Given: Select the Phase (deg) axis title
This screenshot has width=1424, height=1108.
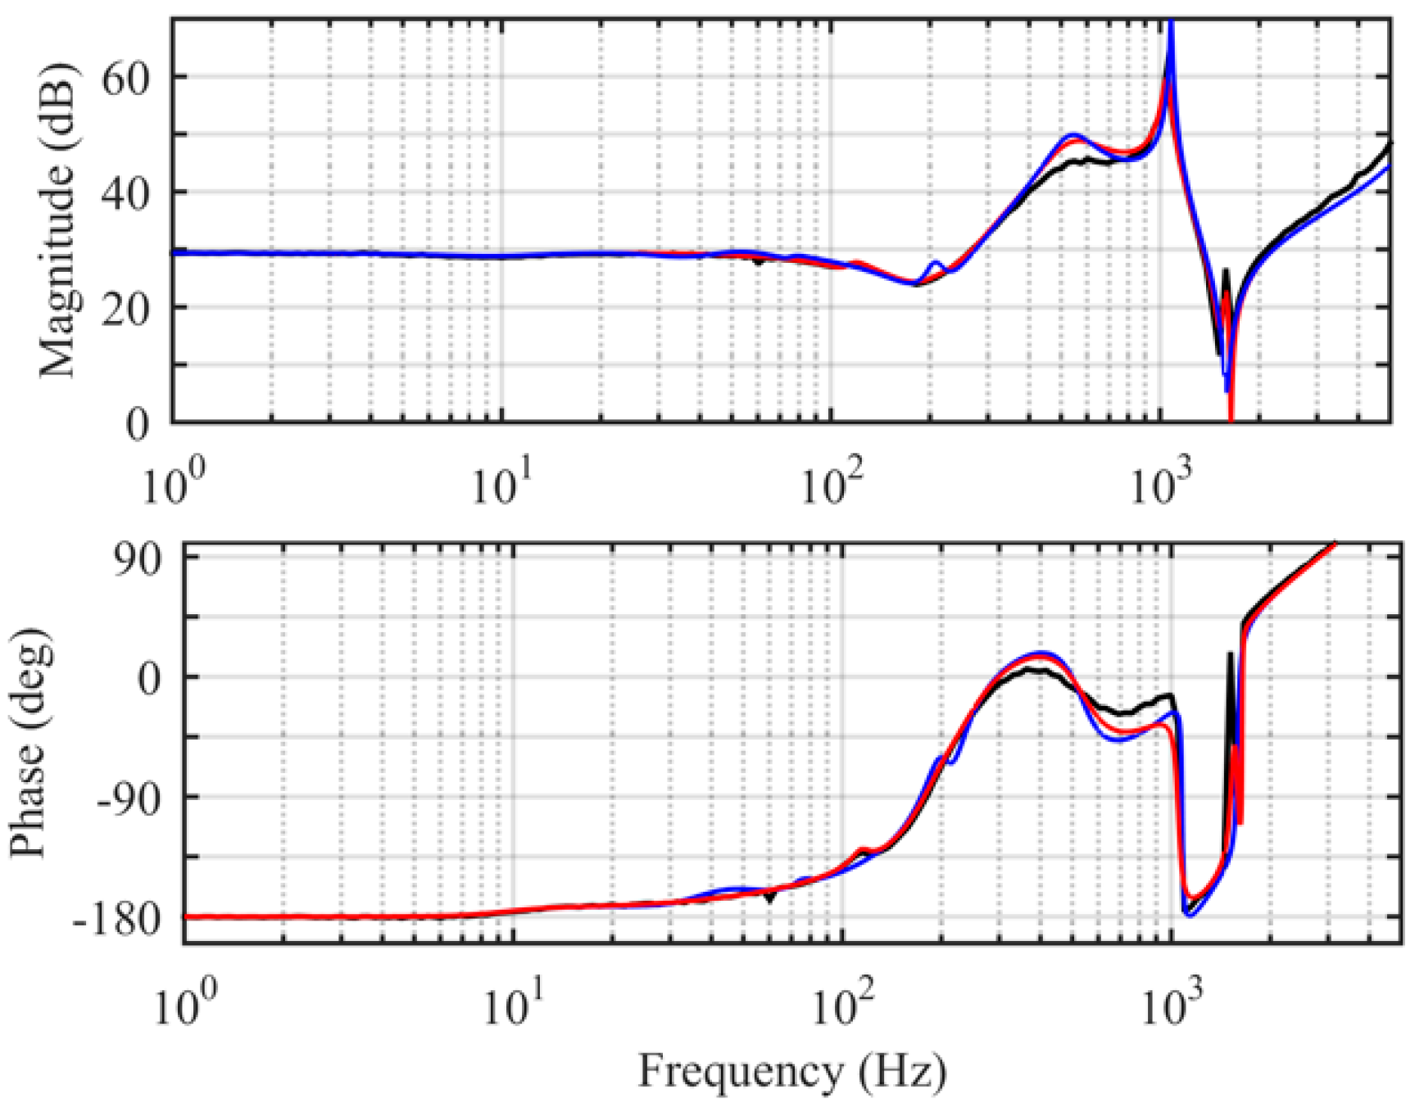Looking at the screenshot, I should click(30, 743).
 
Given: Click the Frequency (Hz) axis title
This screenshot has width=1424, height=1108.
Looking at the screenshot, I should click(791, 1070).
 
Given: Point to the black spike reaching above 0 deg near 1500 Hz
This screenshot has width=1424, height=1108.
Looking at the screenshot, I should click(1230, 655).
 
